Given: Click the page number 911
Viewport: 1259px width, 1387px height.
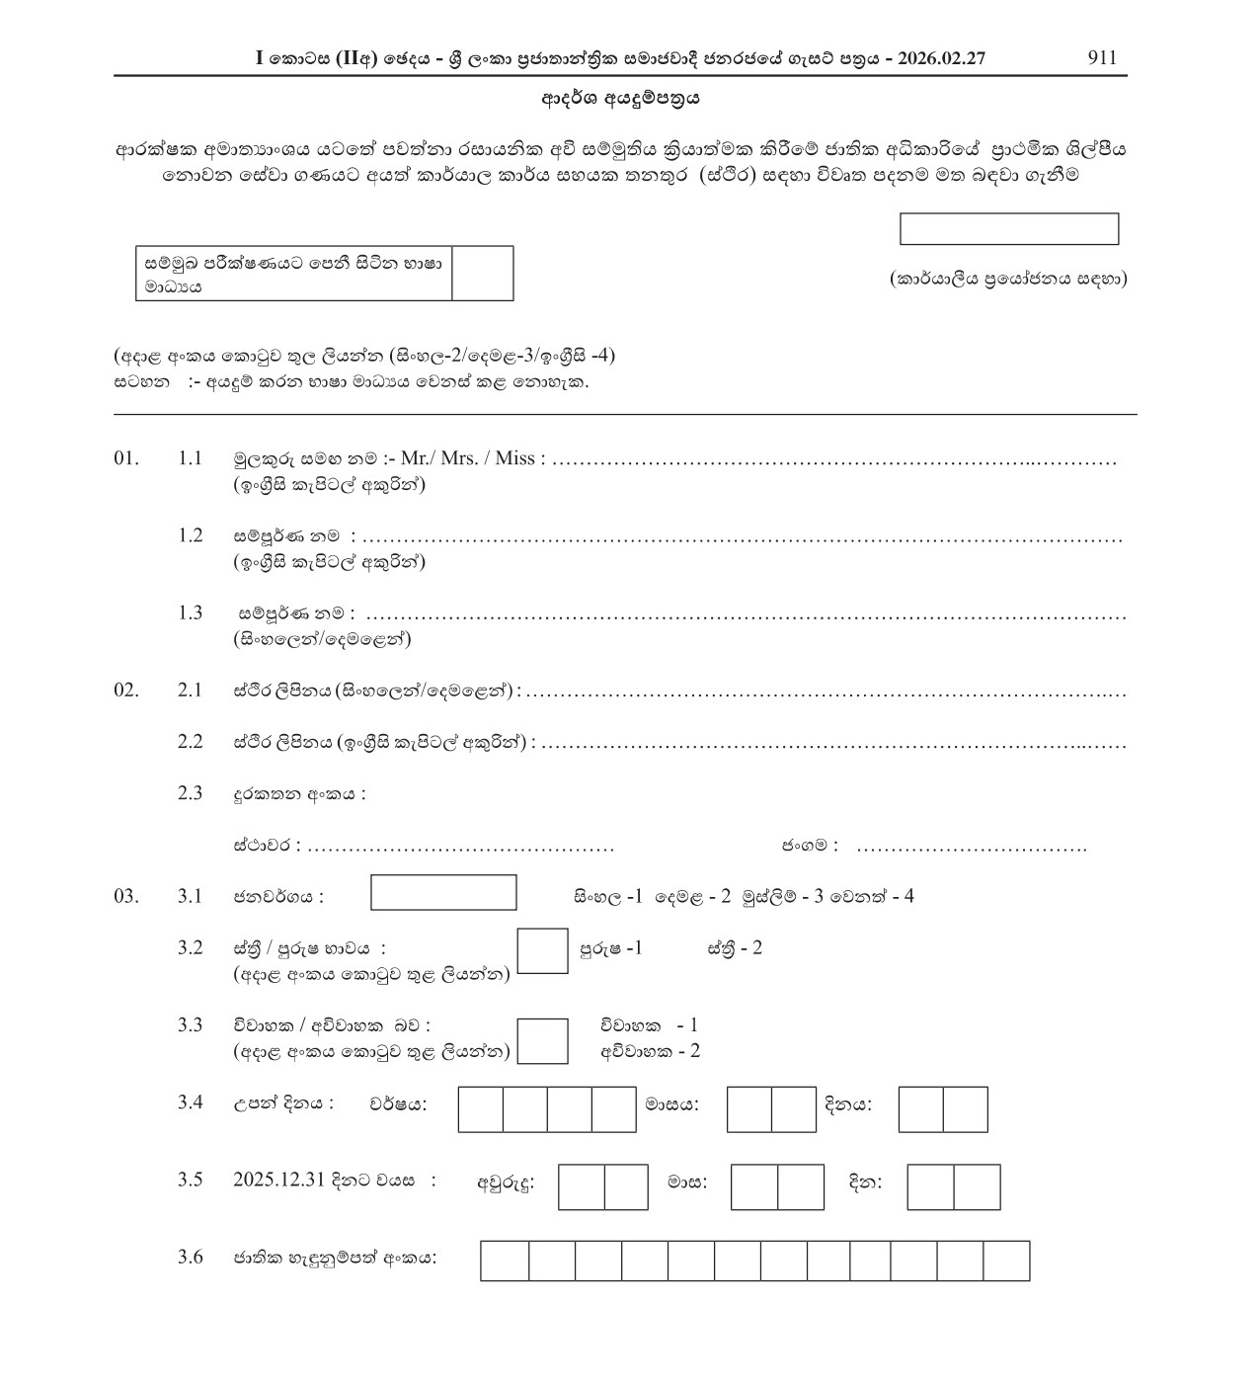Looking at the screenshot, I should coord(1101,57).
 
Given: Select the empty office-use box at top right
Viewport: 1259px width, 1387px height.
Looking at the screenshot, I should coord(1008,229).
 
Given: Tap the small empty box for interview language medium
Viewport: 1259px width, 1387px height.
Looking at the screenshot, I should coord(482,273).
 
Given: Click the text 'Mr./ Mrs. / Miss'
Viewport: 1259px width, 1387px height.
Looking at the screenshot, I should coord(471,458).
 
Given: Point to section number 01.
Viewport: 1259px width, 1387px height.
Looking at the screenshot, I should coord(126,458).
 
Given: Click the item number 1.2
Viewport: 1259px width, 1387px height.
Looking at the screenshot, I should coord(190,535).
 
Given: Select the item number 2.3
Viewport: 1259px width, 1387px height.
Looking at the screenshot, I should coord(190,793).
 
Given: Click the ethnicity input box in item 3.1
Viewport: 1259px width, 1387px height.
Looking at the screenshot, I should coord(443,892).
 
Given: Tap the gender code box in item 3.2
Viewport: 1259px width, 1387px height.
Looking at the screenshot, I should coord(542,950).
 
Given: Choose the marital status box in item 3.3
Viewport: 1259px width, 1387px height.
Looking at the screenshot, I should coord(542,1041).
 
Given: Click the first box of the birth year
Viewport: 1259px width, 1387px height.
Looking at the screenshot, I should coord(481,1109).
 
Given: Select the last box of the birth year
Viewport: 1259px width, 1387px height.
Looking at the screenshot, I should coord(613,1109).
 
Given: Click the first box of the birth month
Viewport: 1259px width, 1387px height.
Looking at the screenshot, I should coord(748,1109).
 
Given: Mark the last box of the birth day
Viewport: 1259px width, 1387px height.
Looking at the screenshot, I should coord(965,1109).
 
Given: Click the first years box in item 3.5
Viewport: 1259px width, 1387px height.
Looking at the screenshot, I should coord(582,1186).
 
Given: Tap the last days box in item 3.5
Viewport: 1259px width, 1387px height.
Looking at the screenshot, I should coord(977,1186).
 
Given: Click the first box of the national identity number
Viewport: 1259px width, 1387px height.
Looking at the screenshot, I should coord(505,1261).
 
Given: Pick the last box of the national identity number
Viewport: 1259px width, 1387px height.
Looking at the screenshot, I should coord(1006,1261).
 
